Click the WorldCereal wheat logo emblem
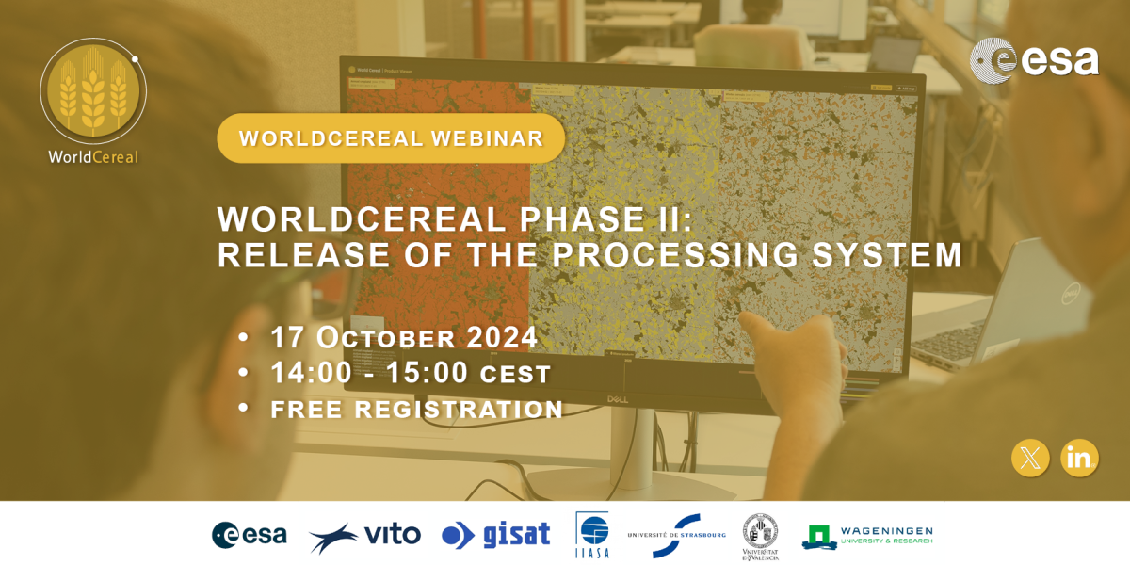[x=92, y=91]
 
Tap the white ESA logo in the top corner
[x=1034, y=60]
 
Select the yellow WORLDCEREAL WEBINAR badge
[x=391, y=138]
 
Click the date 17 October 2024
[x=404, y=337]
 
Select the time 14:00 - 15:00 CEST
[x=411, y=373]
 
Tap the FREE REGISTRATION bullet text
[x=416, y=410]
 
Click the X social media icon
[x=1030, y=458]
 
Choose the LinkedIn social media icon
[x=1079, y=458]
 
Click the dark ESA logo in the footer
[x=250, y=535]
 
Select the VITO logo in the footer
[x=364, y=536]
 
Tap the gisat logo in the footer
[x=495, y=535]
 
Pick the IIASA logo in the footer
[x=592, y=535]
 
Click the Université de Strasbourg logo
[x=676, y=535]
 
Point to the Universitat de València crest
[x=760, y=536]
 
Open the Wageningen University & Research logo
[x=867, y=536]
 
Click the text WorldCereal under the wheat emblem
[x=93, y=156]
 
